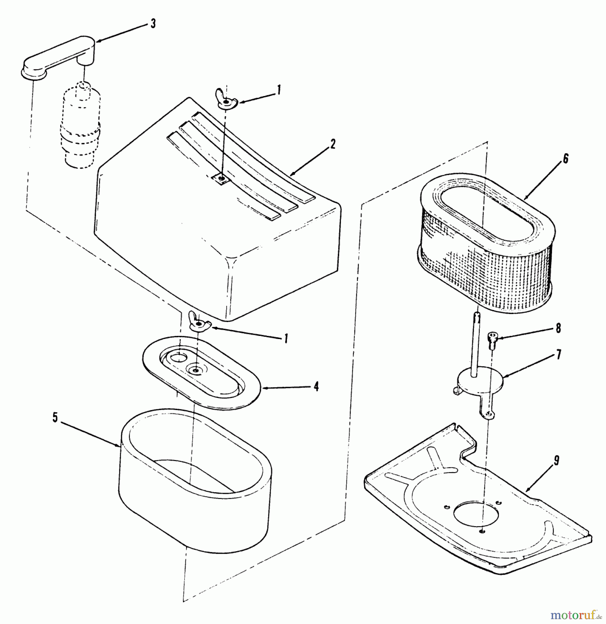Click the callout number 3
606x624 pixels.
pyautogui.click(x=153, y=24)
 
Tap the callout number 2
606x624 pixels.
pyautogui.click(x=333, y=144)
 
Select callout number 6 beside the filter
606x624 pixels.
pyautogui.click(x=565, y=159)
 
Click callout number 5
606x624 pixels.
pyautogui.click(x=55, y=418)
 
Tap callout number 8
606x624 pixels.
pyautogui.click(x=558, y=328)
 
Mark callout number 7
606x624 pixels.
pyautogui.click(x=559, y=355)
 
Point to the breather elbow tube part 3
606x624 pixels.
pyautogui.click(x=59, y=57)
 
